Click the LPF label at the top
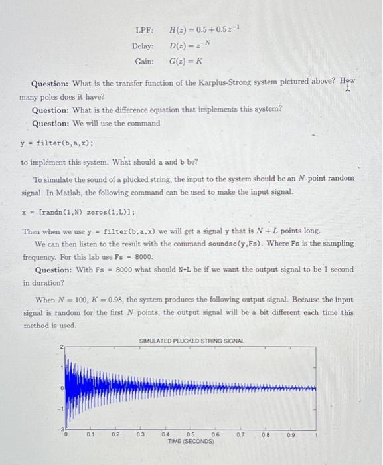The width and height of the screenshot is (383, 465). [144, 31]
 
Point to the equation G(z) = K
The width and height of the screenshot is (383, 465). [186, 61]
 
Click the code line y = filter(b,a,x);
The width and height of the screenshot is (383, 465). [56, 143]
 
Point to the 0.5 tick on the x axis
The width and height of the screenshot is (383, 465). [191, 434]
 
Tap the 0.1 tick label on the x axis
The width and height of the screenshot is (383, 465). [90, 434]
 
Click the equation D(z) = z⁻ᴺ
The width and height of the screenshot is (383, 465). [184, 46]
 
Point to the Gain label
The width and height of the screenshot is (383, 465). [144, 61]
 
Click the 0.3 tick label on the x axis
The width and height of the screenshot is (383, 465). [140, 434]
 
